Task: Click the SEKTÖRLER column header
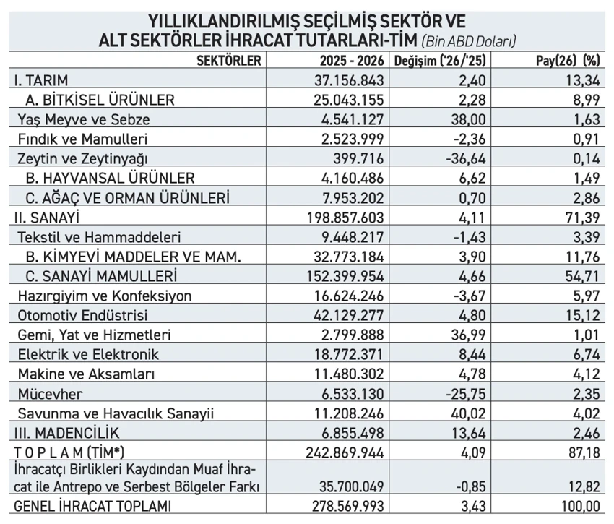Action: pos(229,61)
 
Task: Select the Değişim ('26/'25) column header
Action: pos(440,61)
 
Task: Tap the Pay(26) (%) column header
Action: pos(568,61)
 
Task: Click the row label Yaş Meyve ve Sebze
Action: pos(84,119)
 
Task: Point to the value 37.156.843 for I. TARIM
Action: pos(349,80)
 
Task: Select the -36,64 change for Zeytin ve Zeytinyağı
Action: pos(466,159)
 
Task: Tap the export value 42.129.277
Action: pos(349,316)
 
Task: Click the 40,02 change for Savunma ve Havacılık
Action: pos(468,413)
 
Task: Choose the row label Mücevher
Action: pos(50,394)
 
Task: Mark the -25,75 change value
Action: pos(466,394)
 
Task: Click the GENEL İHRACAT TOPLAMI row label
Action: pos(92,506)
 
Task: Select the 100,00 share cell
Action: pos(580,506)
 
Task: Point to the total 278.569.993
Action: pos(347,506)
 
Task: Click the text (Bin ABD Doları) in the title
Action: pos(468,40)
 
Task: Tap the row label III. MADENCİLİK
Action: pos(66,433)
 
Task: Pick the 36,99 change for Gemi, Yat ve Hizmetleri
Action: pos(468,335)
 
